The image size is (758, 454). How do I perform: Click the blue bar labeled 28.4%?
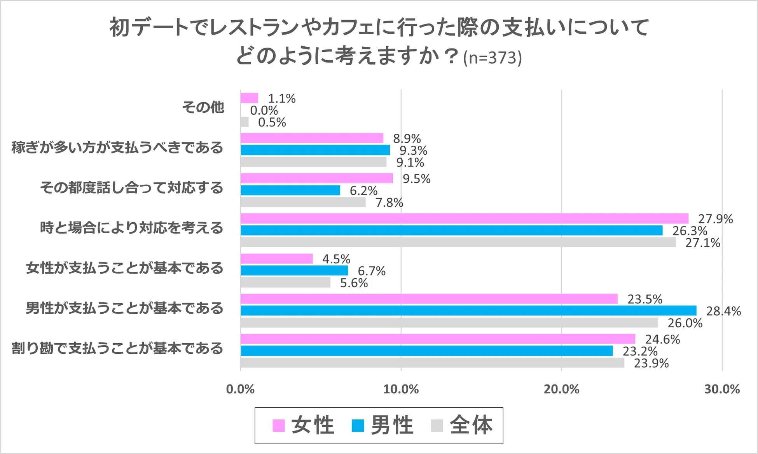[468, 311]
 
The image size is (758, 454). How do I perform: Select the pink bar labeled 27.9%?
[465, 218]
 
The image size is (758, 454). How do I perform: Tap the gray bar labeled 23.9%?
[432, 363]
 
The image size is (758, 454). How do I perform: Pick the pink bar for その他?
[249, 98]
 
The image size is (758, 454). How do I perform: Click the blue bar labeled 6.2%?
[290, 190]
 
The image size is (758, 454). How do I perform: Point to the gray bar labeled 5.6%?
[285, 282]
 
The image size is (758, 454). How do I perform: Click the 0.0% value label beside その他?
[264, 110]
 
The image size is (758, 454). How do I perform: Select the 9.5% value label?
[416, 179]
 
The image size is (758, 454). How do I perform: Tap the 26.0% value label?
[685, 323]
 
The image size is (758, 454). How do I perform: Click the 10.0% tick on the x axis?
[401, 389]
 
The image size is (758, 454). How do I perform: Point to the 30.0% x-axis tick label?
[722, 389]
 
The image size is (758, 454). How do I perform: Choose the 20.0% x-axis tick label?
[561, 389]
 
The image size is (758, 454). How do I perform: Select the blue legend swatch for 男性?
[358, 426]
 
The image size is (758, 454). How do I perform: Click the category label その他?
[203, 107]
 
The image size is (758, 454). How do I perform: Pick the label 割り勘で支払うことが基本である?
[117, 348]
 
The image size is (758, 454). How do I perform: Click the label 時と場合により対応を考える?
[131, 228]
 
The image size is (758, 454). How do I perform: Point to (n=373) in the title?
[492, 58]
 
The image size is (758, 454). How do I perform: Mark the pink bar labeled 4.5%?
[277, 258]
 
